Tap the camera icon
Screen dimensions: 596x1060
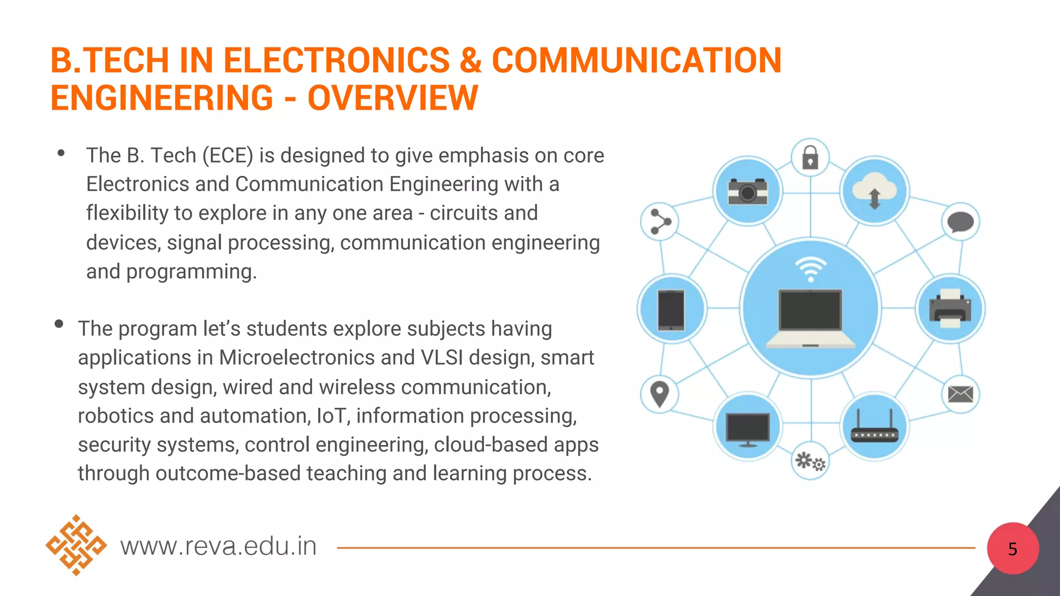(747, 191)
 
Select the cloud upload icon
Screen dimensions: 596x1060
(874, 191)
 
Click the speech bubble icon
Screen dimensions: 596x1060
(960, 222)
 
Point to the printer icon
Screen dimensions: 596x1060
(950, 308)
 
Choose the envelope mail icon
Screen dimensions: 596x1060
(960, 394)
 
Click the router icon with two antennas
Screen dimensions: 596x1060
(874, 427)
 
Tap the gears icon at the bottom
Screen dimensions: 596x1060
(810, 461)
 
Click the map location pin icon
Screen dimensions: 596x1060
(659, 394)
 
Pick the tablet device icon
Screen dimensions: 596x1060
(671, 309)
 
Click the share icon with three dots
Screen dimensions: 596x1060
(659, 222)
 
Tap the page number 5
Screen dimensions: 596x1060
(1012, 549)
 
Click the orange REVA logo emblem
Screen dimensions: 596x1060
(76, 545)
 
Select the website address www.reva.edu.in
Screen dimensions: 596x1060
(218, 546)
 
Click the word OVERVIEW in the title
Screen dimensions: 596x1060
(392, 98)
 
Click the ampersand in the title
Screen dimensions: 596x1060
(470, 60)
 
